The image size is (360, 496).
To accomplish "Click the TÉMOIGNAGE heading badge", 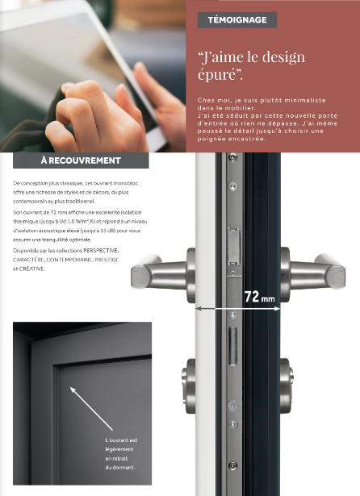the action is coord(237,20).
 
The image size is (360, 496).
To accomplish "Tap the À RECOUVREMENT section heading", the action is coord(81,160).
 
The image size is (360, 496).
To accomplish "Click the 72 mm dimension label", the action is coord(260,297).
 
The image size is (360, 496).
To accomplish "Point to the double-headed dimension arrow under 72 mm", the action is coord(238,308).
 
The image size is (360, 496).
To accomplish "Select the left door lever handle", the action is coord(163,274).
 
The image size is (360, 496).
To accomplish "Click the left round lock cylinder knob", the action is coord(189,386).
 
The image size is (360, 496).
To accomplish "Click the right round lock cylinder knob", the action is coord(287,386).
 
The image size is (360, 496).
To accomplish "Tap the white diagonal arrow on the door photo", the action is coord(91,409).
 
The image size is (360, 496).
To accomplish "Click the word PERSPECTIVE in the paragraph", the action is coord(101,251).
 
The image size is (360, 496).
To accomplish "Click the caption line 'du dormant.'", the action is coord(120,467).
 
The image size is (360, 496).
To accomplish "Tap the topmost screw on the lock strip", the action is coord(232,156).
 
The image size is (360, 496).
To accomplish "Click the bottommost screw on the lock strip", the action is coord(232,465).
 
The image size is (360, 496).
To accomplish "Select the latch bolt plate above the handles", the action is coord(234,246).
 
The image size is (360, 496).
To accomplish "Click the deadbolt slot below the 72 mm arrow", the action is coord(233,346).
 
